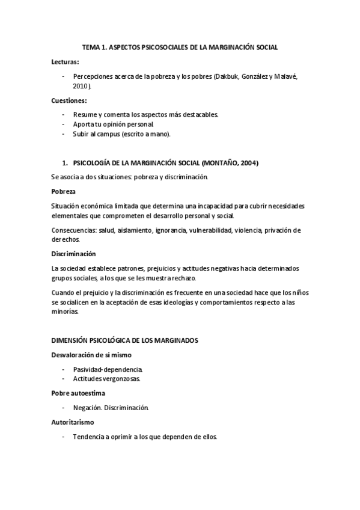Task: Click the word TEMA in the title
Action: pyautogui.click(x=91, y=46)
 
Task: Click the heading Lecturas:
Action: pyautogui.click(x=65, y=62)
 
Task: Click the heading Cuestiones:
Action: pyautogui.click(x=69, y=100)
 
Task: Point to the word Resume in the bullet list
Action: pyautogui.click(x=85, y=114)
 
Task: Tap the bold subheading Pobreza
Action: pyautogui.click(x=64, y=191)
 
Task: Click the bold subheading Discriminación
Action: pyautogui.click(x=74, y=254)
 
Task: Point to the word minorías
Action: pyautogui.click(x=65, y=312)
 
